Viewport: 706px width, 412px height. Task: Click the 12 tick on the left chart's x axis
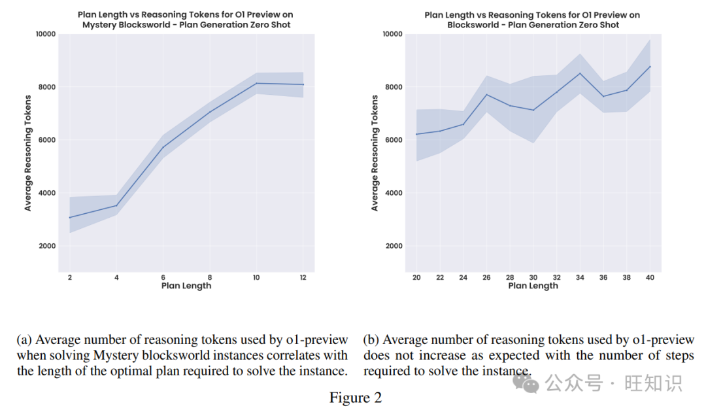(303, 278)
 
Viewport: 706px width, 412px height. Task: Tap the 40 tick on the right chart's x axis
(649, 278)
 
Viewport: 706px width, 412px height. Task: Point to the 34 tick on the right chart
(579, 278)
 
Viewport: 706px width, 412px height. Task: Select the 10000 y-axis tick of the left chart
(44, 33)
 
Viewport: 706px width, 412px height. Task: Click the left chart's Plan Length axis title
(186, 286)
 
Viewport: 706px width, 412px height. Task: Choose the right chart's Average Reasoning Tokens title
(375, 153)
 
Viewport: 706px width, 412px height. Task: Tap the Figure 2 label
(355, 398)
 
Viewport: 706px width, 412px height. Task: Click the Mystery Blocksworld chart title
(186, 20)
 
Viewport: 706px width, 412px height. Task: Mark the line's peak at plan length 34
(579, 73)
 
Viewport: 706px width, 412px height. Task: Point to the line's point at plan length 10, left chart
(256, 83)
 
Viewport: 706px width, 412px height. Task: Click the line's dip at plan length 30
(533, 110)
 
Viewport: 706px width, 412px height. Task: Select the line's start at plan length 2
(70, 218)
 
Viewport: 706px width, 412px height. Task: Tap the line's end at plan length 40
(649, 66)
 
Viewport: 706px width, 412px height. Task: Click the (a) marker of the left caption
(24, 340)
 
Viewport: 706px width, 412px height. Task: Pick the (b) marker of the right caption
(371, 340)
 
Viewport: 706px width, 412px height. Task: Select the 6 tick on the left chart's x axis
(163, 278)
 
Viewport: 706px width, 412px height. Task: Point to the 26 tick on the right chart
(486, 278)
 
